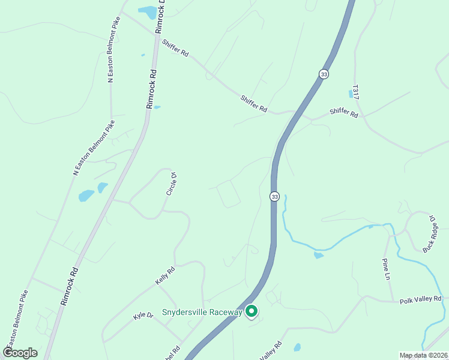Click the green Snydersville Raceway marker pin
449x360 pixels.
(252, 311)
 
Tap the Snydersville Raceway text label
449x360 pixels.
(202, 313)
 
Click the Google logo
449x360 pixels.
(19, 353)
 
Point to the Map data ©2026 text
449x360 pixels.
(424, 355)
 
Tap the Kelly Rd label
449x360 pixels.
(165, 276)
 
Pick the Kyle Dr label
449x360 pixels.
(143, 316)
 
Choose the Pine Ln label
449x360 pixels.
(387, 269)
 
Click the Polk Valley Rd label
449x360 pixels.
(421, 299)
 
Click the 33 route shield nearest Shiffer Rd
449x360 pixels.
(324, 73)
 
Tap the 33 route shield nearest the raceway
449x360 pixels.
(274, 196)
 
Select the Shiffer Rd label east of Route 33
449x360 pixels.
(344, 113)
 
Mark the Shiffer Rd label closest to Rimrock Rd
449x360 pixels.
(175, 48)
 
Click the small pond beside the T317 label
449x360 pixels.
(351, 94)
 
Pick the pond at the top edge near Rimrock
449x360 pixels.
(146, 11)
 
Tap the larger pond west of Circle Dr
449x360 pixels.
(86, 196)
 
